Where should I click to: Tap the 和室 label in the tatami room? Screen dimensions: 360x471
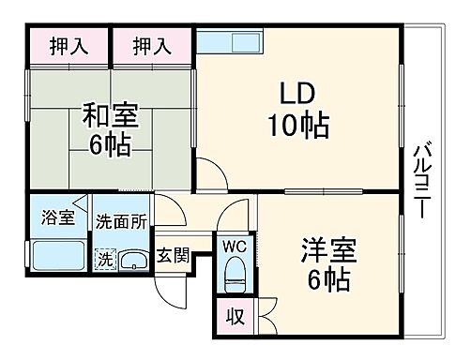pyautogui.click(x=110, y=117)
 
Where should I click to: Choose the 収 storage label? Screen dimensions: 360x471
pyautogui.click(x=235, y=317)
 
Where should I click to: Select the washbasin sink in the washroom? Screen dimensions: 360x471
pyautogui.click(x=133, y=260)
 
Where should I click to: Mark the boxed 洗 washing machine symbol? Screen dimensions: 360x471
pyautogui.click(x=105, y=258)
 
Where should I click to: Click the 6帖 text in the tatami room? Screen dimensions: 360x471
pyautogui.click(x=110, y=146)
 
